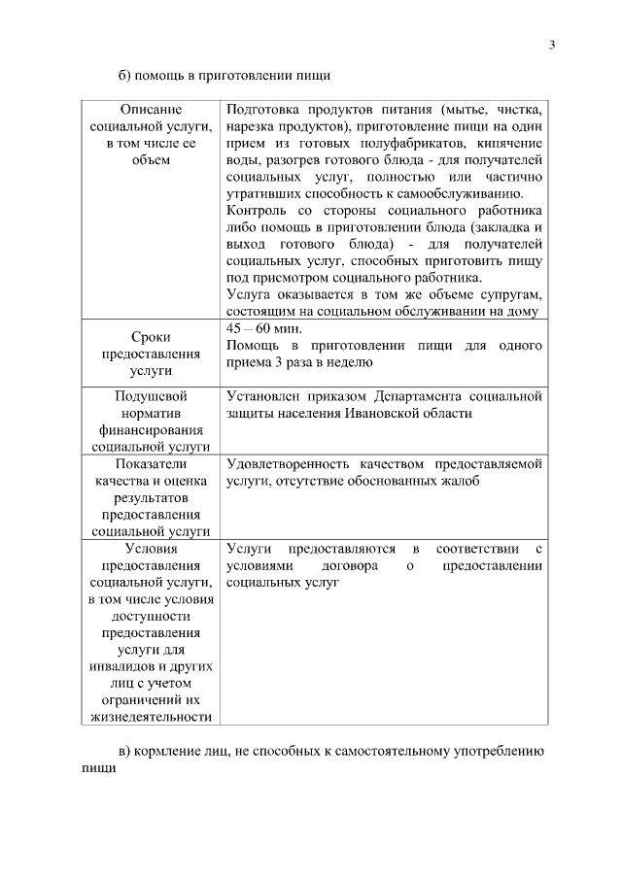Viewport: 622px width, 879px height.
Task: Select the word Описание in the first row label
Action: [151, 110]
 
